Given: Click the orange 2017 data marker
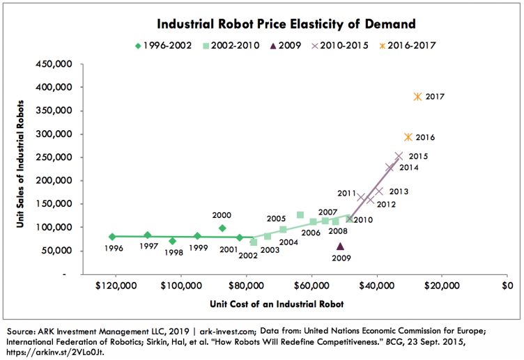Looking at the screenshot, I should pyautogui.click(x=417, y=97).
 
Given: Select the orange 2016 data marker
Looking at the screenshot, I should pyautogui.click(x=408, y=137).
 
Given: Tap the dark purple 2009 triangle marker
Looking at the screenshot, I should pyautogui.click(x=340, y=246).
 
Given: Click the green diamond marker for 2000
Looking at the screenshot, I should pyautogui.click(x=222, y=228).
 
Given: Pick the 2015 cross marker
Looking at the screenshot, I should pyautogui.click(x=399, y=157).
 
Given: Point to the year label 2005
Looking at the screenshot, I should pyautogui.click(x=277, y=218).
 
